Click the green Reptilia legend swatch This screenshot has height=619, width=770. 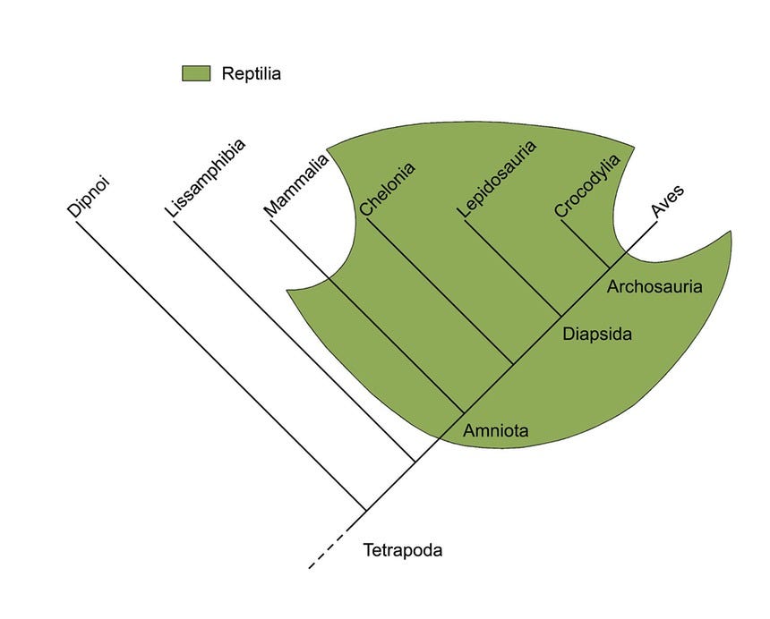[x=196, y=73]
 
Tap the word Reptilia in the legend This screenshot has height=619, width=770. [x=251, y=73]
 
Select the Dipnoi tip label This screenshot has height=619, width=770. [x=88, y=196]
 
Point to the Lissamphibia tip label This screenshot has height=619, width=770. [x=205, y=178]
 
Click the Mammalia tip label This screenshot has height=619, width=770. [x=296, y=185]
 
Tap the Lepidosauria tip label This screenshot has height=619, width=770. [x=497, y=179]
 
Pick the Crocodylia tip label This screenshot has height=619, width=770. [x=587, y=185]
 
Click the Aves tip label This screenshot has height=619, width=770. [x=667, y=201]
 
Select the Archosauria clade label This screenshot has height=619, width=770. [x=654, y=286]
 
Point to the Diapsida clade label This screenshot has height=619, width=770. [x=597, y=334]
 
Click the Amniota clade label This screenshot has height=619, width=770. [x=496, y=430]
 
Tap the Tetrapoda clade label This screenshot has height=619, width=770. [x=403, y=550]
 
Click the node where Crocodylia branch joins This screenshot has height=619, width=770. [x=609, y=268]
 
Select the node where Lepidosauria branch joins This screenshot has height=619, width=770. [x=560, y=317]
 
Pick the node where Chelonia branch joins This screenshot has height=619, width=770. [x=513, y=364]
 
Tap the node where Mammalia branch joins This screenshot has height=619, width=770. [x=464, y=413]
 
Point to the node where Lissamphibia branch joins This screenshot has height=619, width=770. [x=415, y=462]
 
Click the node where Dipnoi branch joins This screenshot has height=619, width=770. [x=366, y=511]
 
